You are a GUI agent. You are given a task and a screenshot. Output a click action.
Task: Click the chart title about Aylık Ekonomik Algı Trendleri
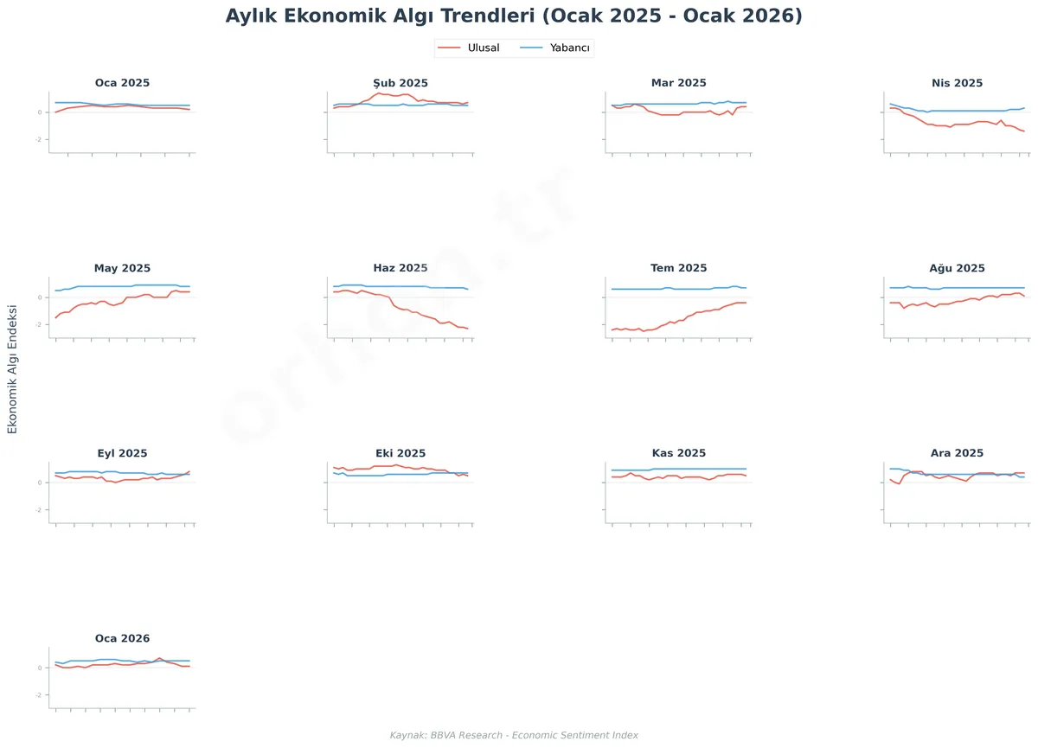pyautogui.click(x=514, y=16)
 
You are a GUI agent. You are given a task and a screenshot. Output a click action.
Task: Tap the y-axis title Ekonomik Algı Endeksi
pyautogui.click(x=12, y=369)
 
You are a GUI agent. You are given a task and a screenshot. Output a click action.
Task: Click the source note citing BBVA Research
pyautogui.click(x=514, y=735)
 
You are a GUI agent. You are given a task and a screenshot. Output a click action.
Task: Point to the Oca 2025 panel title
pyautogui.click(x=122, y=83)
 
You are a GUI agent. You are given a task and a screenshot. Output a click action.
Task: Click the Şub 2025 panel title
pyautogui.click(x=400, y=83)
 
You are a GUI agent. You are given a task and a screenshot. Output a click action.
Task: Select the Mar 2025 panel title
pyautogui.click(x=679, y=83)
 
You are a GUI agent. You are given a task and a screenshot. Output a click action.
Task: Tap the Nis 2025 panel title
pyautogui.click(x=958, y=83)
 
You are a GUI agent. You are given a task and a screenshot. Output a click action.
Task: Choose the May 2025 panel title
pyautogui.click(x=122, y=268)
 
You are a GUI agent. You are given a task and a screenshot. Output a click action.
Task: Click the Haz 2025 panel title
pyautogui.click(x=400, y=268)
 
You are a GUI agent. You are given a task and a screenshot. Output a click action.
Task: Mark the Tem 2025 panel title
pyautogui.click(x=679, y=268)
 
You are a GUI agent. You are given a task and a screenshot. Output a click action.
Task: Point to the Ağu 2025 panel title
pyautogui.click(x=958, y=268)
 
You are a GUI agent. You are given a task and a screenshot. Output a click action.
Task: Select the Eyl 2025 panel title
pyautogui.click(x=122, y=453)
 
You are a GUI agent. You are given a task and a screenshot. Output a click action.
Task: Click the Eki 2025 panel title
pyautogui.click(x=400, y=453)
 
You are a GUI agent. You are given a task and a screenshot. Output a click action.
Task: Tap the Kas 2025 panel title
pyautogui.click(x=679, y=453)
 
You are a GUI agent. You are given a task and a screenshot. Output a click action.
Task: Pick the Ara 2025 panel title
pyautogui.click(x=958, y=453)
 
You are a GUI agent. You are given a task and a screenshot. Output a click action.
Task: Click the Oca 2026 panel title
pyautogui.click(x=122, y=638)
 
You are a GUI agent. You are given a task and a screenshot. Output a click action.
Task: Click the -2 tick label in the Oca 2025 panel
pyautogui.click(x=40, y=140)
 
